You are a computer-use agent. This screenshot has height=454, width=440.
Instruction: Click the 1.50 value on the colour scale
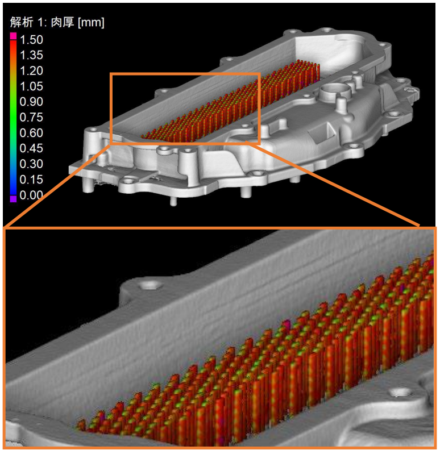31,40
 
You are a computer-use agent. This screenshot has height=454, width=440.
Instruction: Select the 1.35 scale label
31,55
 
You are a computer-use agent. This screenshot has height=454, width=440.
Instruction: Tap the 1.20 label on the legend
31,70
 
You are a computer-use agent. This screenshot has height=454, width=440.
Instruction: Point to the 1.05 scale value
31,86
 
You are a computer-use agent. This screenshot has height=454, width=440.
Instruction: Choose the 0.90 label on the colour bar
31,102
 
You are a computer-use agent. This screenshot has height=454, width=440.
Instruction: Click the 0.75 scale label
31,117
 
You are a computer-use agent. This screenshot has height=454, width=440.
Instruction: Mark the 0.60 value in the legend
31,133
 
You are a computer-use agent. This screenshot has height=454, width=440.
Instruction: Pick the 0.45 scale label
31,148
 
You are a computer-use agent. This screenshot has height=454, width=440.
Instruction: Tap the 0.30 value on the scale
31,164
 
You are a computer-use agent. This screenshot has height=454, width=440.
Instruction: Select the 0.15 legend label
31,180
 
